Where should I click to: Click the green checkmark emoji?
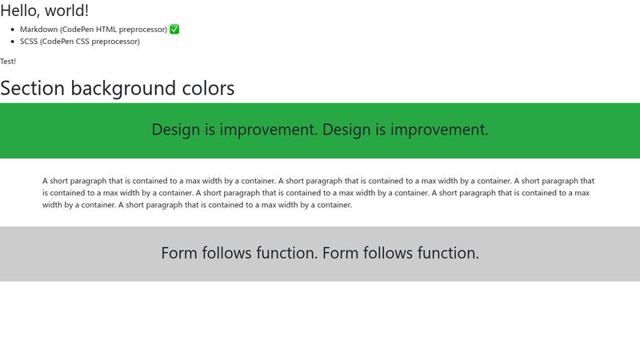point(174,30)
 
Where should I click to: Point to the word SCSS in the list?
point(30,42)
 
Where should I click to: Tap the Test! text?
point(8,62)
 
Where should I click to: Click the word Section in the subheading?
point(33,88)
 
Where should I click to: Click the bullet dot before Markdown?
point(12,30)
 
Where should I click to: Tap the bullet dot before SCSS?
point(12,42)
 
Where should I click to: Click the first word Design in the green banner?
point(176,130)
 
